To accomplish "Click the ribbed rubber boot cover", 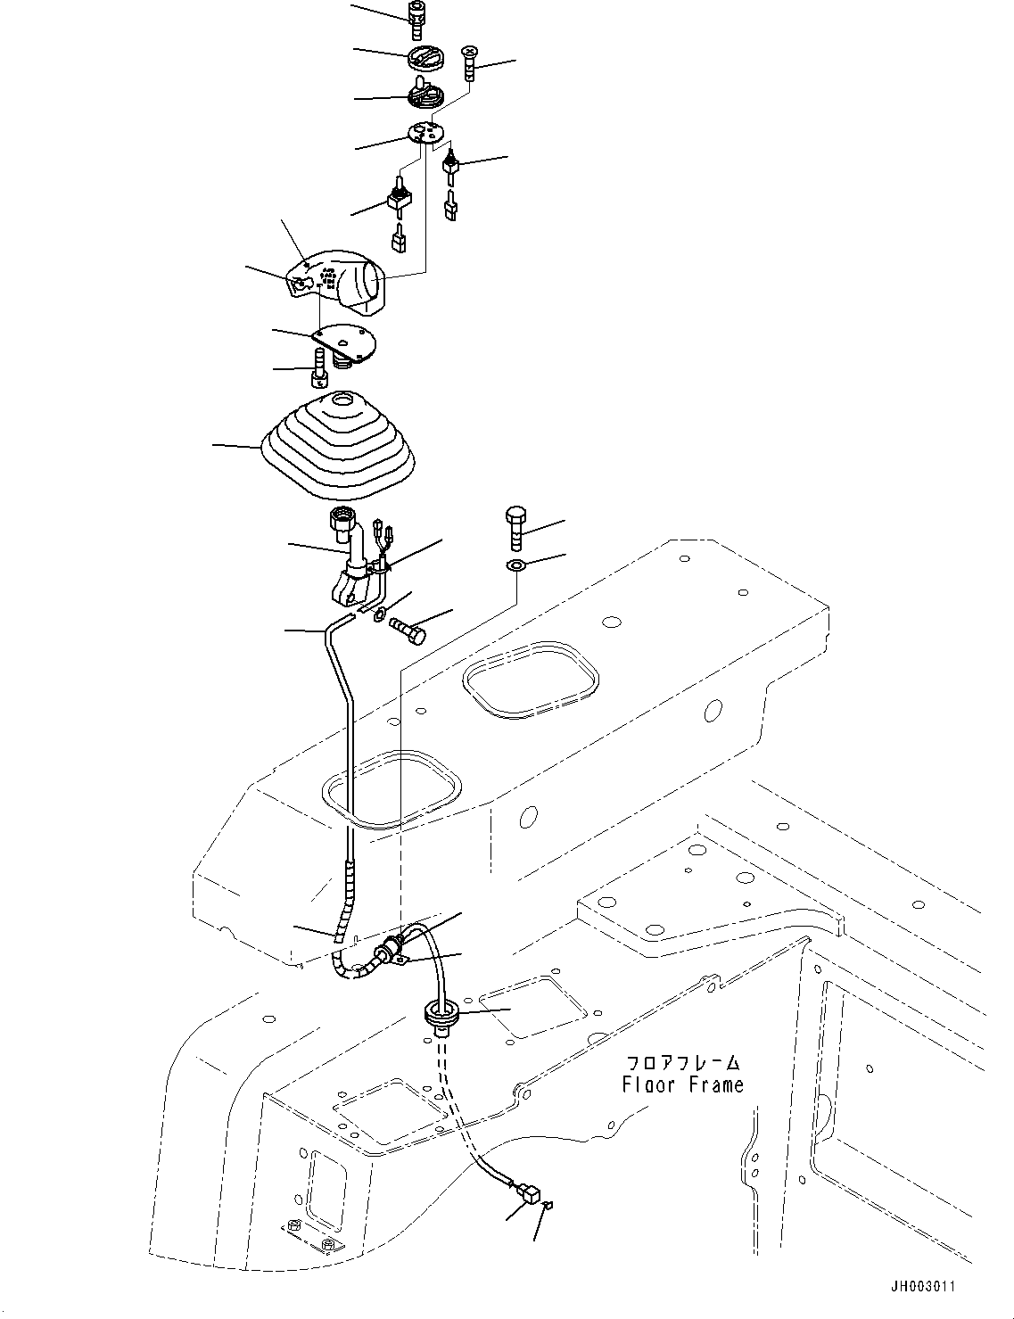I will pos(339,446).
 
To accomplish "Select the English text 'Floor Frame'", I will pos(682,1085).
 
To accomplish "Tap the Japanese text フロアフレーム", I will pos(683,1063).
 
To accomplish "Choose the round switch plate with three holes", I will pos(425,134).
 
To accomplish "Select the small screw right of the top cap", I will pos(470,62).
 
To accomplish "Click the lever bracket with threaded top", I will pos(354,562).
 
